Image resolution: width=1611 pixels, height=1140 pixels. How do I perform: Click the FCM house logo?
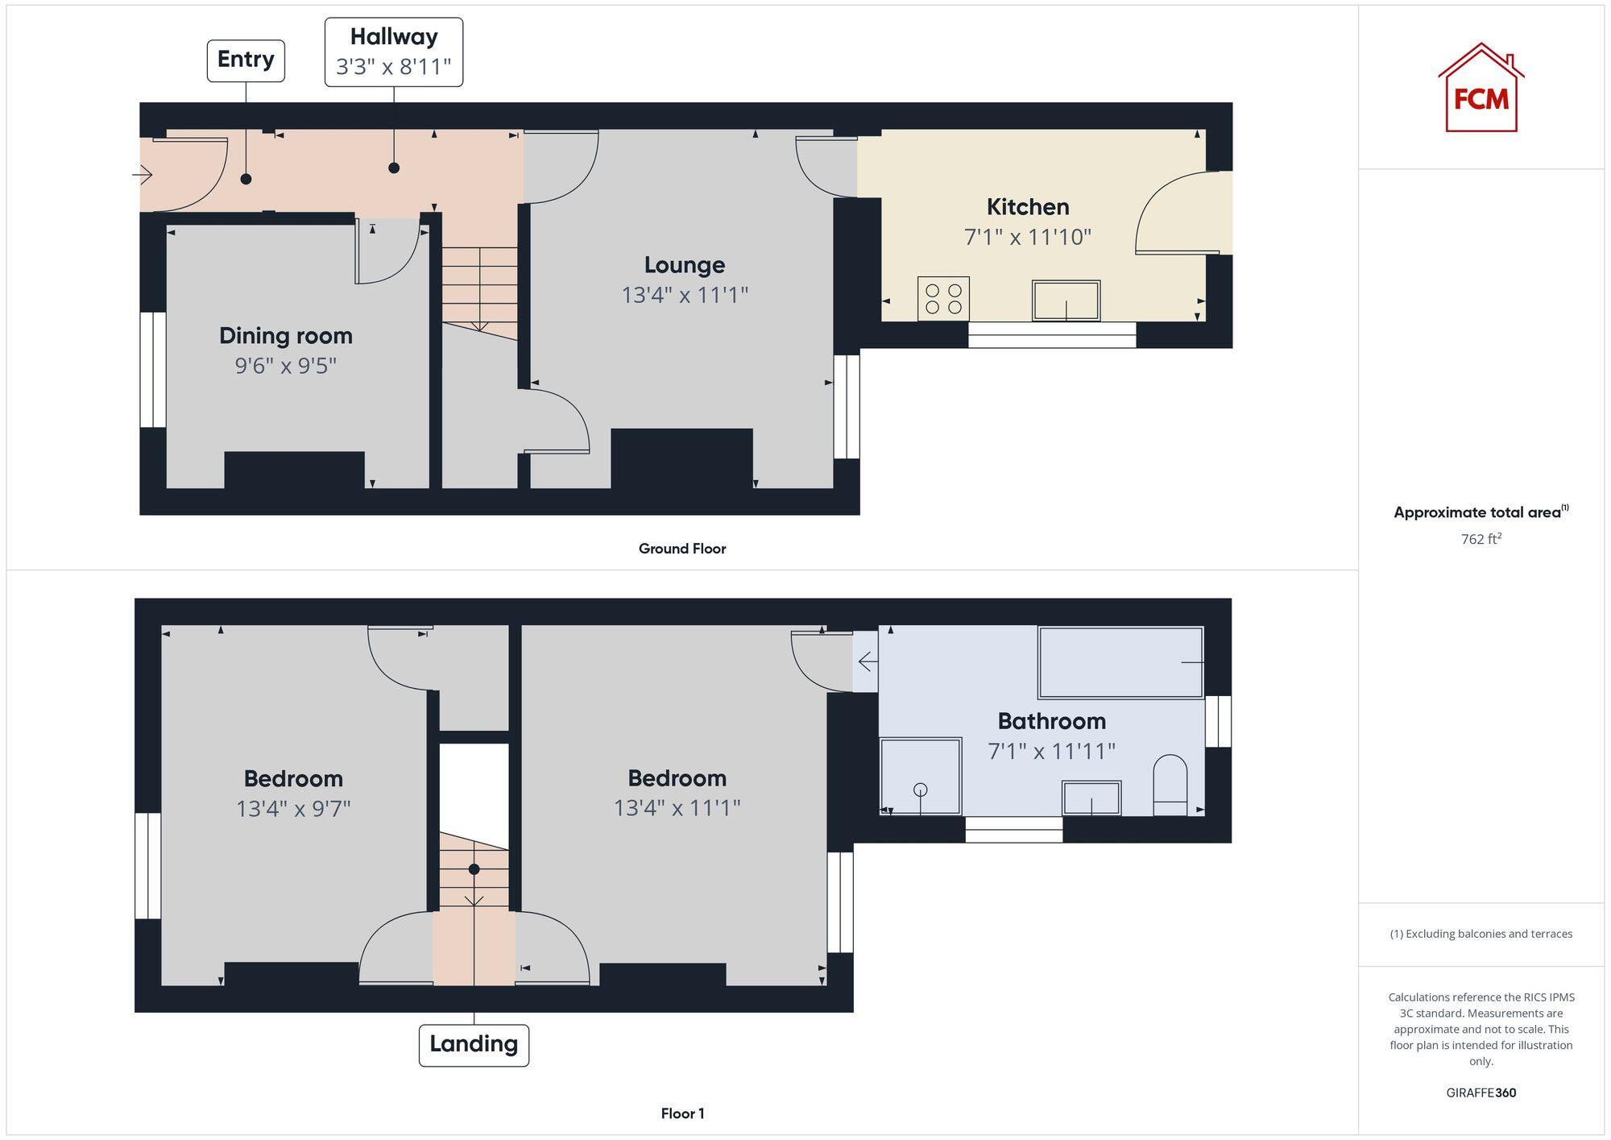pyautogui.click(x=1481, y=89)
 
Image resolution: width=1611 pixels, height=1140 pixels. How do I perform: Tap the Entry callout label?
pyautogui.click(x=246, y=60)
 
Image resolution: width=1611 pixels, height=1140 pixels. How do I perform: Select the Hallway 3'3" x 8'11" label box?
pyautogui.click(x=394, y=52)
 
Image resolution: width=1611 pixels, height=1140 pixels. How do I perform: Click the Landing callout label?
pyautogui.click(x=474, y=1045)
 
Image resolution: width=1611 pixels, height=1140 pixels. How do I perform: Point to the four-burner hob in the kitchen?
pyautogui.click(x=943, y=299)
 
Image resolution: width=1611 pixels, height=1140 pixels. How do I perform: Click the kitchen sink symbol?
pyautogui.click(x=1066, y=301)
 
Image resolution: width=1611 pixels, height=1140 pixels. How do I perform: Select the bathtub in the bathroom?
pyautogui.click(x=1120, y=662)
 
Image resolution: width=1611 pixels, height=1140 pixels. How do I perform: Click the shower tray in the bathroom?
pyautogui.click(x=921, y=776)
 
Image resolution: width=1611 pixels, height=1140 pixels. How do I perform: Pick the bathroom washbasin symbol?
pyautogui.click(x=1091, y=798)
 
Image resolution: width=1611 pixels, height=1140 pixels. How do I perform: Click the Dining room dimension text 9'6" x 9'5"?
pyautogui.click(x=285, y=366)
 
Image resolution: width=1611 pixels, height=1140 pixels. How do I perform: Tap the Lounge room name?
pyautogui.click(x=684, y=265)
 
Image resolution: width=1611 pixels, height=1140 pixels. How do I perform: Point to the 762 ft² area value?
pyautogui.click(x=1481, y=539)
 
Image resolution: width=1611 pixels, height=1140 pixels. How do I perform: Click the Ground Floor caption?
pyautogui.click(x=682, y=549)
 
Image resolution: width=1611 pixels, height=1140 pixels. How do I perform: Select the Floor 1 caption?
pyautogui.click(x=682, y=1113)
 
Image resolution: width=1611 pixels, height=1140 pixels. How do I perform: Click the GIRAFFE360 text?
pyautogui.click(x=1481, y=1092)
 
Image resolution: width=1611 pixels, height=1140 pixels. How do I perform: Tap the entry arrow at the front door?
pyautogui.click(x=143, y=174)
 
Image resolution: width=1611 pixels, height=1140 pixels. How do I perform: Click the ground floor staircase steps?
pyautogui.click(x=479, y=286)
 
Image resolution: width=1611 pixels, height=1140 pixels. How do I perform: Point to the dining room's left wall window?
pyautogui.click(x=152, y=370)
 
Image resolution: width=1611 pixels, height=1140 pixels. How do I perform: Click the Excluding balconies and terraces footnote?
pyautogui.click(x=1481, y=934)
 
